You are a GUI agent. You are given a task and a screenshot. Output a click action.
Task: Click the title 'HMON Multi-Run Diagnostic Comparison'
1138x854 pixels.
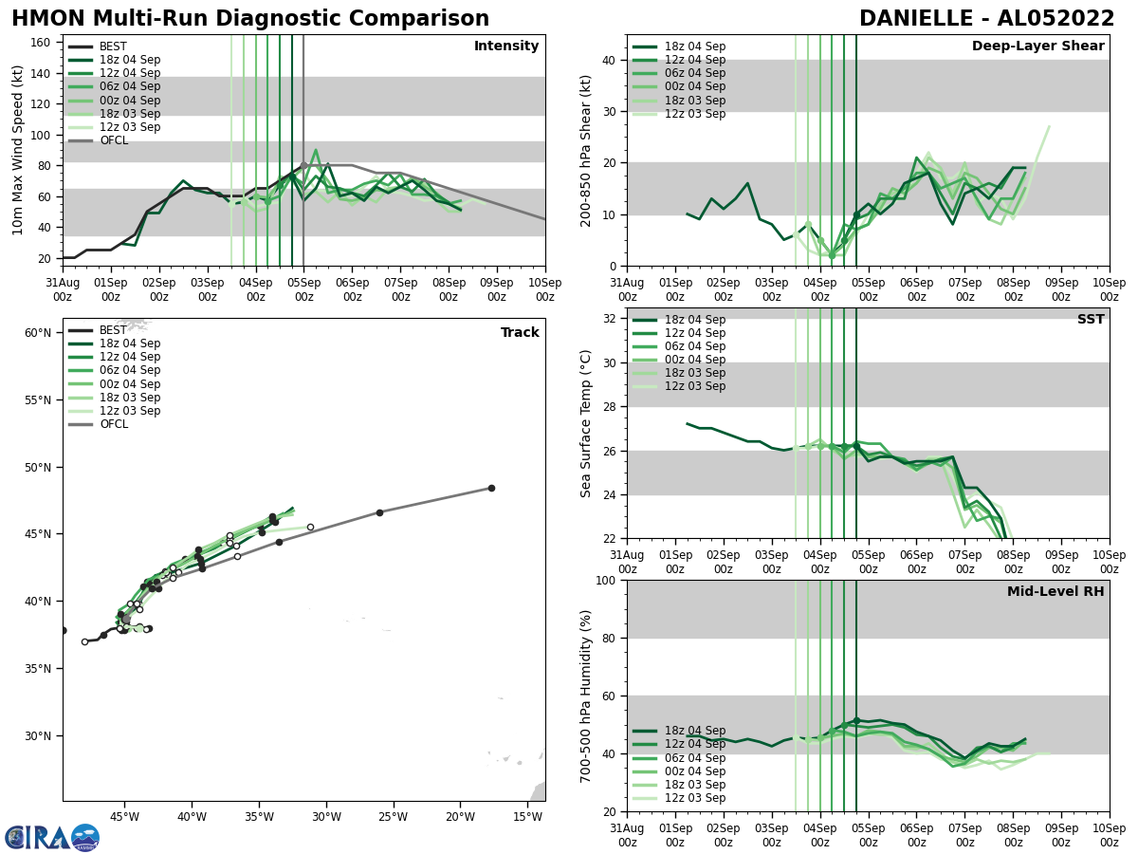pyautogui.click(x=250, y=19)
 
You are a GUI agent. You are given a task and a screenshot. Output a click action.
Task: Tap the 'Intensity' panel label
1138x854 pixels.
pyautogui.click(x=506, y=46)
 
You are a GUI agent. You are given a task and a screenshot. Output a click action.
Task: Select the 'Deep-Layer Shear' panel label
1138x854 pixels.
pyautogui.click(x=1037, y=46)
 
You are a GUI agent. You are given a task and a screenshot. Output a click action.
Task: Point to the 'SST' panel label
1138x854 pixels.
pyautogui.click(x=1090, y=320)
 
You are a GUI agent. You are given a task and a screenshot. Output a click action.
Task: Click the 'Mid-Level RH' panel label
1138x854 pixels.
pyautogui.click(x=1055, y=592)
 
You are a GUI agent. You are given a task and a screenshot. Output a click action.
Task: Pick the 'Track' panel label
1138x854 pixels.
pyautogui.click(x=520, y=333)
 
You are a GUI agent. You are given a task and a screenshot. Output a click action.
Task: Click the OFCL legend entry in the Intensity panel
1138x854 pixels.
pyautogui.click(x=114, y=140)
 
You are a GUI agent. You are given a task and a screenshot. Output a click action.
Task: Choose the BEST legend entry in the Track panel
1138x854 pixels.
pyautogui.click(x=113, y=330)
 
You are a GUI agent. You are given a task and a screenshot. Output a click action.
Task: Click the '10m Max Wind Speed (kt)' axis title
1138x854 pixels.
pyautogui.click(x=18, y=150)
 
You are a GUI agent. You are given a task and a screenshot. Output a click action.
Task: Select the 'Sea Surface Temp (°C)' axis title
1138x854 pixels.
pyautogui.click(x=587, y=423)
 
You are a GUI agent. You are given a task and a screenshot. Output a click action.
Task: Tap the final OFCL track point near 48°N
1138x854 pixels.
pyautogui.click(x=491, y=488)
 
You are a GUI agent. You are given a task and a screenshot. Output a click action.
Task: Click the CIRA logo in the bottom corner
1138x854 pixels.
pyautogui.click(x=52, y=838)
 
